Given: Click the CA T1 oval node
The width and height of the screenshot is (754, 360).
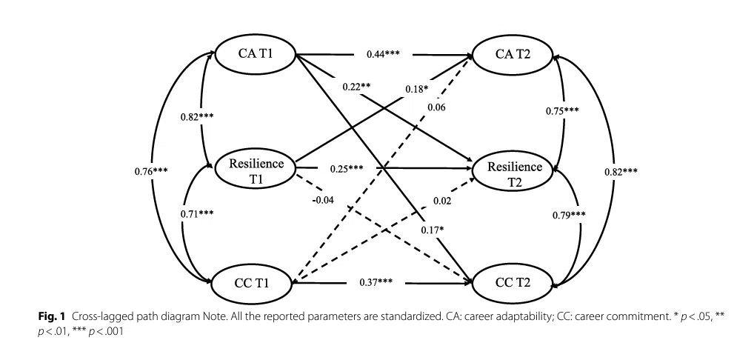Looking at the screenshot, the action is [255, 53].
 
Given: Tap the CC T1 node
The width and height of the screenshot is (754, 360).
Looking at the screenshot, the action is [252, 283].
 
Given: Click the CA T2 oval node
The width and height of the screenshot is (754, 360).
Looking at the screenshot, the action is [513, 54].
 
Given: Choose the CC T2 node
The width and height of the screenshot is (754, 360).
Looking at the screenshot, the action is [513, 283].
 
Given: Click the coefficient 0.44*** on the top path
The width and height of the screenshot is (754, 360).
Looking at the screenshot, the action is [383, 54].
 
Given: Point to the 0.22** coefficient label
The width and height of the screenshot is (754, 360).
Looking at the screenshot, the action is [356, 87].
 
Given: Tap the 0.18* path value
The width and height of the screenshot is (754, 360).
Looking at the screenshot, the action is [416, 90].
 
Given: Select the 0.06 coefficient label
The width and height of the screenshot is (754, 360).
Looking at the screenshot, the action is [436, 107].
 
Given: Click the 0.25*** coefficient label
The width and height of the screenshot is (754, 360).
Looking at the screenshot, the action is [346, 169].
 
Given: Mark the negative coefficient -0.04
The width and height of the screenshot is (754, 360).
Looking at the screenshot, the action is [323, 200].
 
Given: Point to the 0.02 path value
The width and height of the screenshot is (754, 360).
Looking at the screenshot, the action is [442, 201].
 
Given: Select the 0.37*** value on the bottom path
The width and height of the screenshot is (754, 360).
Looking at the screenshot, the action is [376, 281].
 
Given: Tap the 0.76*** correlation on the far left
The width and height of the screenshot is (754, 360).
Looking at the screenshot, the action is [151, 170].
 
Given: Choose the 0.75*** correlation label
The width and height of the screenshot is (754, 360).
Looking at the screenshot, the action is [562, 111].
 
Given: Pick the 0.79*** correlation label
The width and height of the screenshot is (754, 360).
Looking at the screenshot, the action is [569, 214].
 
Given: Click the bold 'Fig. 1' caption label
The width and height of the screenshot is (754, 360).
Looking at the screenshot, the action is [52, 317].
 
